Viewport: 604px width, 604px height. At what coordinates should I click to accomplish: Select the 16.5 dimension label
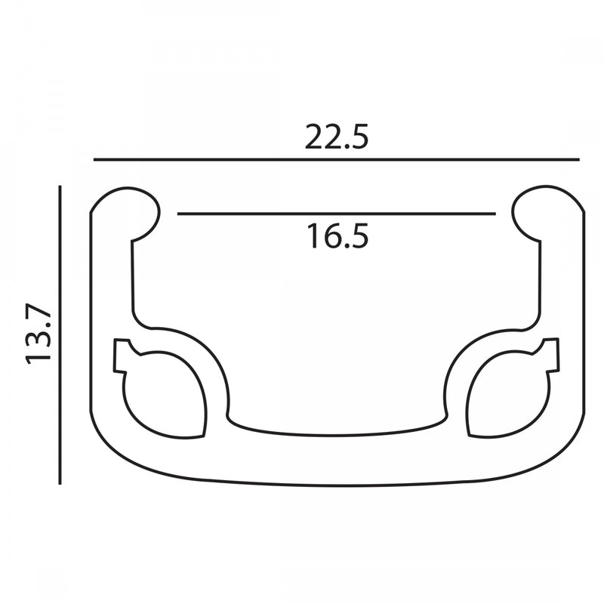point(337,236)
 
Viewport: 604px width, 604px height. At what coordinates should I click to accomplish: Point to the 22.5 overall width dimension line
point(336,160)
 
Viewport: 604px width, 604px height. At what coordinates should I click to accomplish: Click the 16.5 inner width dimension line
point(337,214)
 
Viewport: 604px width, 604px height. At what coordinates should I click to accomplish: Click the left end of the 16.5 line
point(179,214)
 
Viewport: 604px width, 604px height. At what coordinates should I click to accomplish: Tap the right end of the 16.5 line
point(495,214)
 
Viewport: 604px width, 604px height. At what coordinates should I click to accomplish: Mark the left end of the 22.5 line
point(94,160)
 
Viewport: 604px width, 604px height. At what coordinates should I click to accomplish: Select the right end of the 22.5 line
point(578,160)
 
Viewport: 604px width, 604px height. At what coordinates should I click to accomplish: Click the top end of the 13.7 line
point(60,186)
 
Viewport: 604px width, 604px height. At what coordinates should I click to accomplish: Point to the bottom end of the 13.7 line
point(60,483)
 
